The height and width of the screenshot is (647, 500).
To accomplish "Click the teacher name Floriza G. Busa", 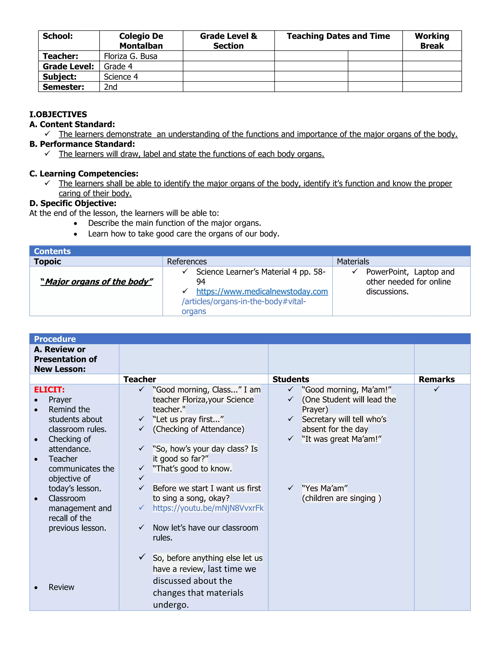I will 130,56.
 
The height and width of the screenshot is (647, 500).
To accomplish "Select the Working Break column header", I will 432,41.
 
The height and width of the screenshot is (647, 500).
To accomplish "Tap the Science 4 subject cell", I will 121,77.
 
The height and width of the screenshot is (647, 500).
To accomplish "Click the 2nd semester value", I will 111,87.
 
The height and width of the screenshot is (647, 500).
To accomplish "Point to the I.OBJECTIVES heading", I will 58,114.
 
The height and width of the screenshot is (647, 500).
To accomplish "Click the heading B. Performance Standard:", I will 82,144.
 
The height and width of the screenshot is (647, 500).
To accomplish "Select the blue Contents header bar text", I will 52,251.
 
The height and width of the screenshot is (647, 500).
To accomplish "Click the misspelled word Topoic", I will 47,261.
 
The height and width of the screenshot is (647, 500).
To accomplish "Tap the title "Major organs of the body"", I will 97,282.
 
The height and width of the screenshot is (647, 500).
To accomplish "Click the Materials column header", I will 353,261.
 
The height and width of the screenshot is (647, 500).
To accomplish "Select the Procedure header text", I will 55,339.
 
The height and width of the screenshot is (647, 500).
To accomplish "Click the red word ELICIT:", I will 49,390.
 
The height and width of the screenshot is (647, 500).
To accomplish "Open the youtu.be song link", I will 208,508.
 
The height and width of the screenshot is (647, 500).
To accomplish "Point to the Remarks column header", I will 436,379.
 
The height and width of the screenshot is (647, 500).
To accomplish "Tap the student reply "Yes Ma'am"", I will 325,488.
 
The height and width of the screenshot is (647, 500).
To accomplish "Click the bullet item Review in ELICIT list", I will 61,587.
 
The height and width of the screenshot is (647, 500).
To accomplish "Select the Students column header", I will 291,379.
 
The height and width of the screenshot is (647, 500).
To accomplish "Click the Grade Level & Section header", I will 228,41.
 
